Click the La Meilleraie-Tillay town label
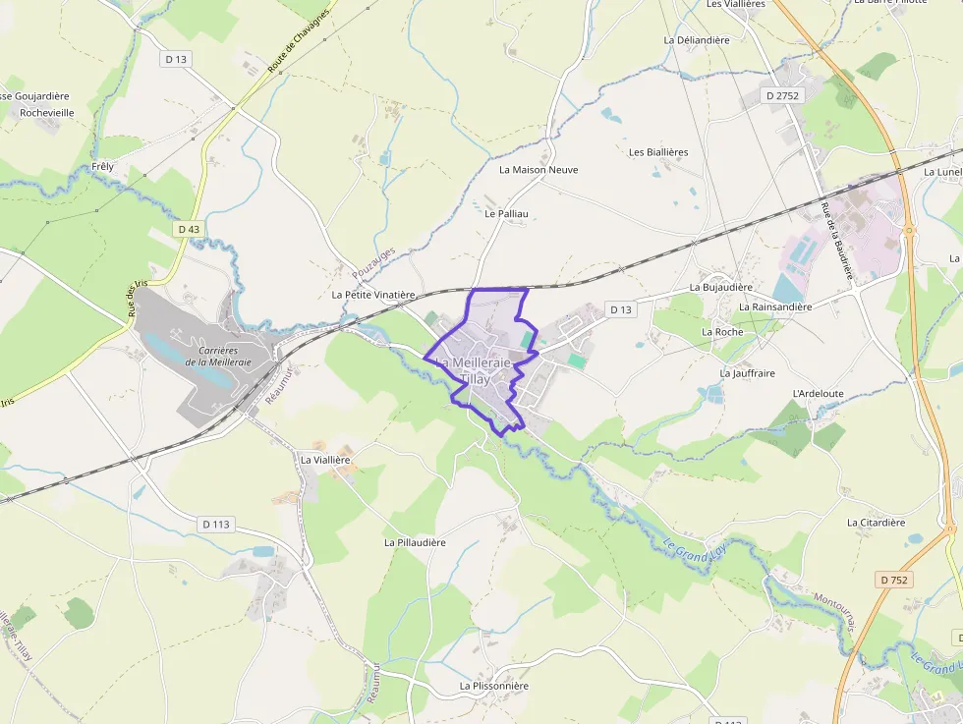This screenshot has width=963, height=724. click(x=474, y=370)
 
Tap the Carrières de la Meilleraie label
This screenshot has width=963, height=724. click(x=218, y=356)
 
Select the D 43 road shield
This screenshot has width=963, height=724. click(x=189, y=229)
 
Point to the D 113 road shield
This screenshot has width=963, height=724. click(x=216, y=524)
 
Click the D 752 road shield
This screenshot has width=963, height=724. click(x=894, y=580)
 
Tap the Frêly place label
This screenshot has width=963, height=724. click(x=102, y=166)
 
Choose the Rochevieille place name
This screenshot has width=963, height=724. click(x=47, y=113)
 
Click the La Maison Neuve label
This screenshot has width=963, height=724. click(x=538, y=170)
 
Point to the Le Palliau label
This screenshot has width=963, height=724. click(x=506, y=212)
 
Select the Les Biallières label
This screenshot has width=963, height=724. click(x=658, y=152)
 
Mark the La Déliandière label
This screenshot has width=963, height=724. click(x=697, y=40)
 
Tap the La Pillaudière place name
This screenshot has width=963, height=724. click(x=415, y=542)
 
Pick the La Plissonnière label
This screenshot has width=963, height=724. click(x=494, y=686)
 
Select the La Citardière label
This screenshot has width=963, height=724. click(x=876, y=523)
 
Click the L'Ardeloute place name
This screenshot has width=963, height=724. click(x=818, y=393)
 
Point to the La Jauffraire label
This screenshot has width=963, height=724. click(x=747, y=373)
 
